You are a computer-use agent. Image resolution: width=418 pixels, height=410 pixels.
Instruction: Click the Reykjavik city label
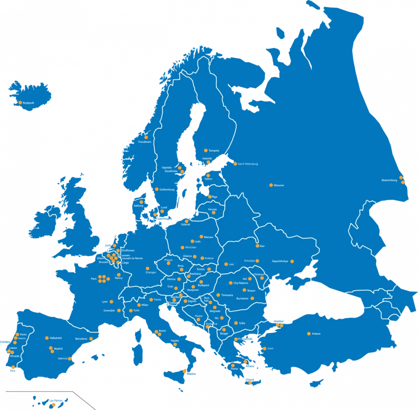click(x=29, y=103)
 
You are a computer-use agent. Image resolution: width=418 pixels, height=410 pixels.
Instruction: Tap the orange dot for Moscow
click(x=271, y=185)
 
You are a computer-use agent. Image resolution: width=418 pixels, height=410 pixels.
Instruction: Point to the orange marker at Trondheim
click(x=146, y=137)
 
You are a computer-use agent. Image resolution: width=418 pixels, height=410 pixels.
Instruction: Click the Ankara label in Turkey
click(x=316, y=334)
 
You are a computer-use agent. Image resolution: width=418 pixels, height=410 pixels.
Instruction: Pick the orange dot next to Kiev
click(x=257, y=246)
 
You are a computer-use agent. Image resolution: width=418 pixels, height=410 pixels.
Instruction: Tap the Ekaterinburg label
click(x=390, y=180)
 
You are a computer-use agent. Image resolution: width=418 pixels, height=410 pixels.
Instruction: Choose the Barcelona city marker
click(x=91, y=339)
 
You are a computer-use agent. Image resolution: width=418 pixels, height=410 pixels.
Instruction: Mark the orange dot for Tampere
click(x=206, y=150)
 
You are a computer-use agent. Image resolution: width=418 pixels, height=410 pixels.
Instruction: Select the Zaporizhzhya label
click(x=280, y=261)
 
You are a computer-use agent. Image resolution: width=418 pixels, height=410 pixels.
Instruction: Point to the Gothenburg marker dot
click(x=157, y=189)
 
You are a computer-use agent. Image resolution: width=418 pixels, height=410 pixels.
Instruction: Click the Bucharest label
click(x=242, y=298)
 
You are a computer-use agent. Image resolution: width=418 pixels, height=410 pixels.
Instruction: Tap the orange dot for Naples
click(x=175, y=344)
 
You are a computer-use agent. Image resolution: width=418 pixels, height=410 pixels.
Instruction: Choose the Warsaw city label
click(x=209, y=237)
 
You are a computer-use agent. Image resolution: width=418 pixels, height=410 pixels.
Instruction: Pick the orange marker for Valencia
click(x=70, y=359)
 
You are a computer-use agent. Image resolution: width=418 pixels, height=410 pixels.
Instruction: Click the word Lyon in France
click(x=104, y=302)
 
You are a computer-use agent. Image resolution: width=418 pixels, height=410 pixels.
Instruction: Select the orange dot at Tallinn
click(x=208, y=175)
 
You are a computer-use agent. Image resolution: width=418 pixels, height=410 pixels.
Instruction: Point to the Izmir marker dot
click(x=264, y=348)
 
